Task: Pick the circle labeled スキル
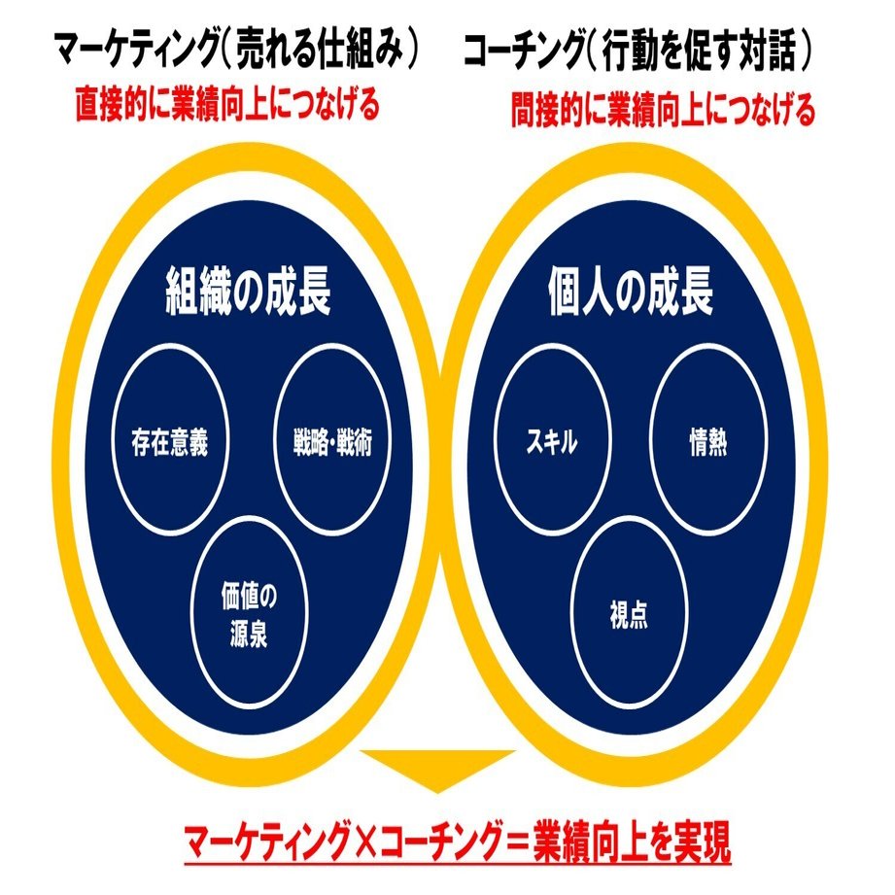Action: pyautogui.click(x=551, y=444)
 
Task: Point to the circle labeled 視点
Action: pyautogui.click(x=629, y=614)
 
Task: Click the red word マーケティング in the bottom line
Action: pyautogui.click(x=264, y=837)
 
